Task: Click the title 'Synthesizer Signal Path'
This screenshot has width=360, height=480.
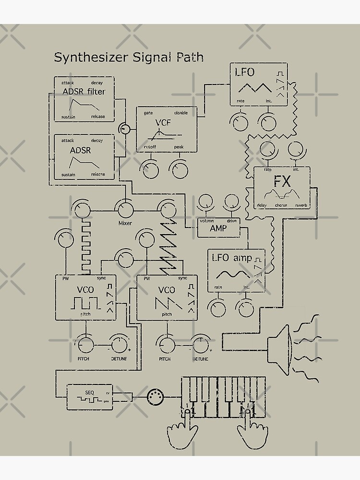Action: point(129,58)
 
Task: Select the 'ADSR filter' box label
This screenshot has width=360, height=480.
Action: point(84,92)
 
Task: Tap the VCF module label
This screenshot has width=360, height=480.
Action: point(163,122)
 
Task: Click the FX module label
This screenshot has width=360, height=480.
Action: point(283,181)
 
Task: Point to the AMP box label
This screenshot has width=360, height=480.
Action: point(218,228)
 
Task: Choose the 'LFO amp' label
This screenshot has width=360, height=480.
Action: point(232,258)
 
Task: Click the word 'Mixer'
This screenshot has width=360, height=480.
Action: point(125,223)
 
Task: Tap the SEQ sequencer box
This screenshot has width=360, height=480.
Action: point(90,396)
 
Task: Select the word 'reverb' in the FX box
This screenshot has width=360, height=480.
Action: point(301,205)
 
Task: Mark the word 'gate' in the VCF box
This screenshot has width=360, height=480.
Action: point(148,113)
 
